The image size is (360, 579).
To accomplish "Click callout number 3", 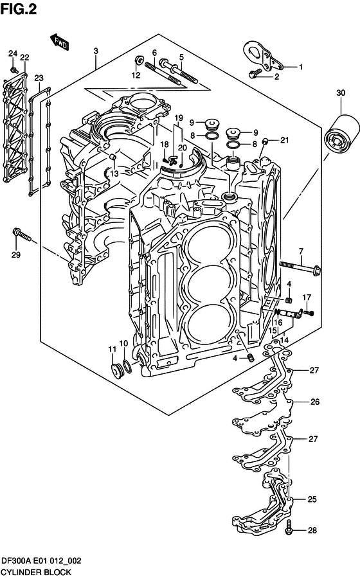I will click(95, 51).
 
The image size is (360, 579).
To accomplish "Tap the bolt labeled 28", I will click(290, 531).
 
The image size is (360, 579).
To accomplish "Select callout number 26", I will click(314, 402).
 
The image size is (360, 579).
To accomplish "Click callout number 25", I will click(312, 499).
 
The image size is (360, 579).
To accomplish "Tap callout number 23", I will click(39, 78).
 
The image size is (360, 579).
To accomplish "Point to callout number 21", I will click(284, 141).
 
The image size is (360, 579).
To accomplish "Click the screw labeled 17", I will click(308, 313).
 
